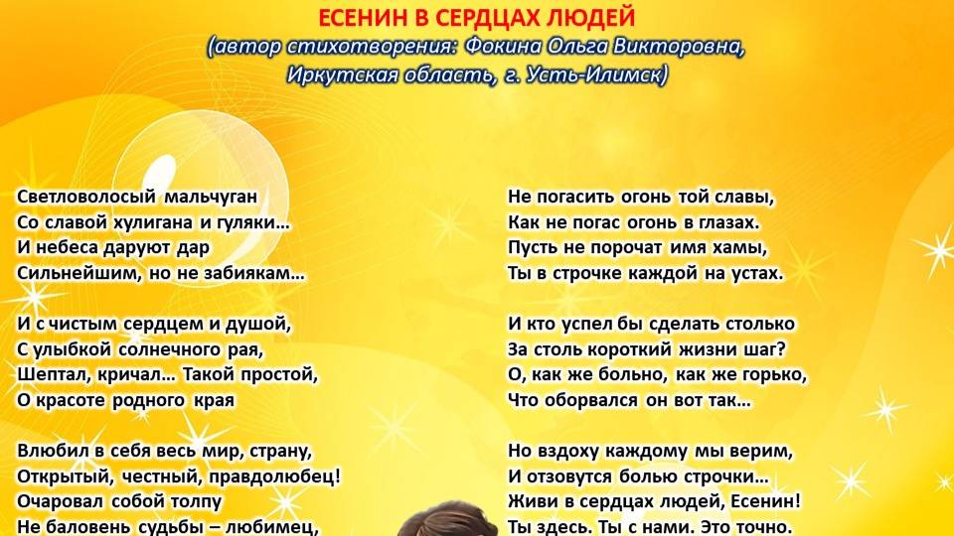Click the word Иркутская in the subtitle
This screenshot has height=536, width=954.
[x=336, y=75]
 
